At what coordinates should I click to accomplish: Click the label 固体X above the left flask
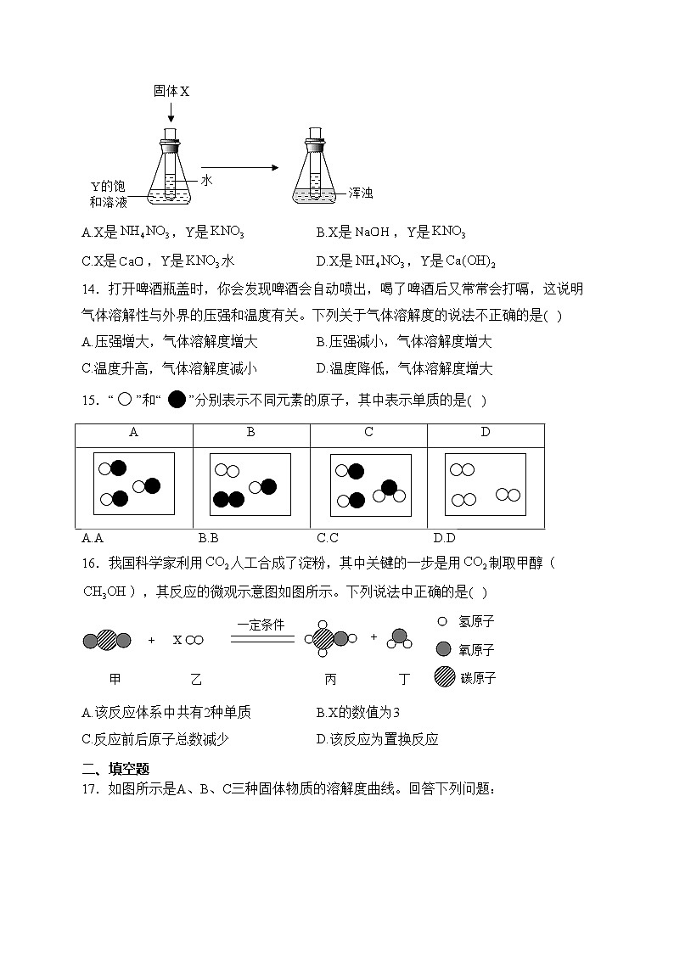pyautogui.click(x=171, y=90)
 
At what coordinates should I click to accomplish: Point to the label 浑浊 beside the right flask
pyautogui.click(x=361, y=193)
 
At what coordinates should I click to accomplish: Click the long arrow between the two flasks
pyautogui.click(x=239, y=167)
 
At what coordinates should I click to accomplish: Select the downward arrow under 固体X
pyautogui.click(x=171, y=110)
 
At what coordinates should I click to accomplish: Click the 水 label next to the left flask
pyautogui.click(x=205, y=180)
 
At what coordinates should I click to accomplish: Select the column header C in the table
pyautogui.click(x=368, y=433)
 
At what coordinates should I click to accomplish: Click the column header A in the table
pyautogui.click(x=133, y=433)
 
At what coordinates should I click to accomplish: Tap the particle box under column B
pyautogui.click(x=250, y=484)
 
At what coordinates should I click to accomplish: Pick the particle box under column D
pyautogui.click(x=486, y=484)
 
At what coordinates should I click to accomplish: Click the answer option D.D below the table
pyautogui.click(x=444, y=537)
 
